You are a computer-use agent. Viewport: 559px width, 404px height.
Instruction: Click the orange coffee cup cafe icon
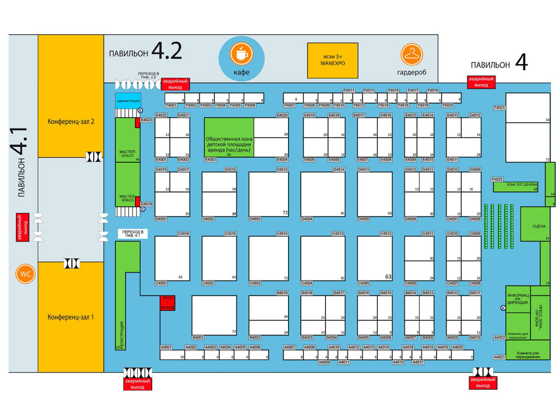point(242,54)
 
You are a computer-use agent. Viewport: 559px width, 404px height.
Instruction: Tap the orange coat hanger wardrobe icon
point(410,54)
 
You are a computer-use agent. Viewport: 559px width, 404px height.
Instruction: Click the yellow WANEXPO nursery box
point(332,61)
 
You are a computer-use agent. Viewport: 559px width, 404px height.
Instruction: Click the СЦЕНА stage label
point(539,226)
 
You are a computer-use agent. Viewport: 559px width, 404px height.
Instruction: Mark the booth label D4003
point(255,218)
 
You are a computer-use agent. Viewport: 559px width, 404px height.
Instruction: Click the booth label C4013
point(338,233)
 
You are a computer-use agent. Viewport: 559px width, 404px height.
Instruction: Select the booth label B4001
point(198,337)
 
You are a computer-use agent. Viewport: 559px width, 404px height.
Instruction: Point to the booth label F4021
point(500,107)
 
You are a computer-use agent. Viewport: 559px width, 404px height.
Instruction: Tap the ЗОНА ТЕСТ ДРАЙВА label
point(522,185)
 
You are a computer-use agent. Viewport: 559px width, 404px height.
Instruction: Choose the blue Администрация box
point(128,101)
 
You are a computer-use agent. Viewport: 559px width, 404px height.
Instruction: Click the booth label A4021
point(499,357)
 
